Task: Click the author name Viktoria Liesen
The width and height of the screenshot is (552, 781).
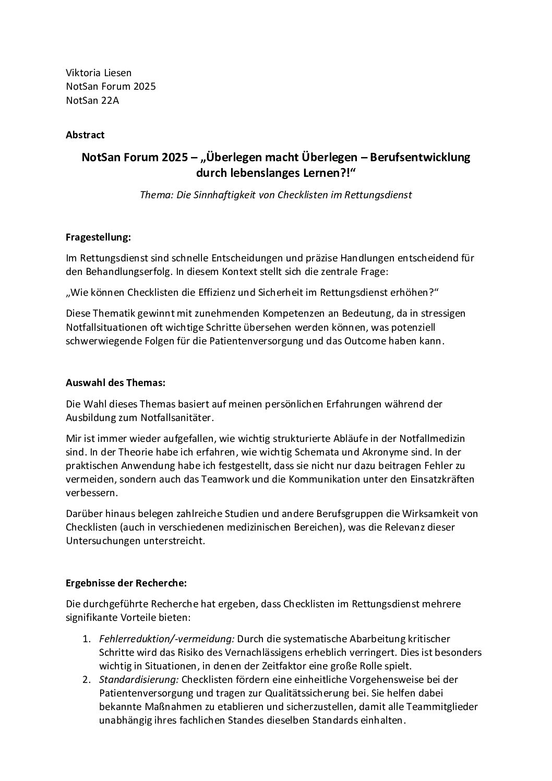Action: click(98, 73)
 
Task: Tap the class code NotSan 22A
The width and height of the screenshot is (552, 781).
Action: click(92, 100)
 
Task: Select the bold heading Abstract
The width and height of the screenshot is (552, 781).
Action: click(85, 135)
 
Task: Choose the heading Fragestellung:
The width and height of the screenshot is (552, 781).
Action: click(98, 237)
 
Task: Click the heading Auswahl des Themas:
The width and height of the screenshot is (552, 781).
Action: click(115, 382)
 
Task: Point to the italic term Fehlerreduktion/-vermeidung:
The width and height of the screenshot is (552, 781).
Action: click(167, 639)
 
